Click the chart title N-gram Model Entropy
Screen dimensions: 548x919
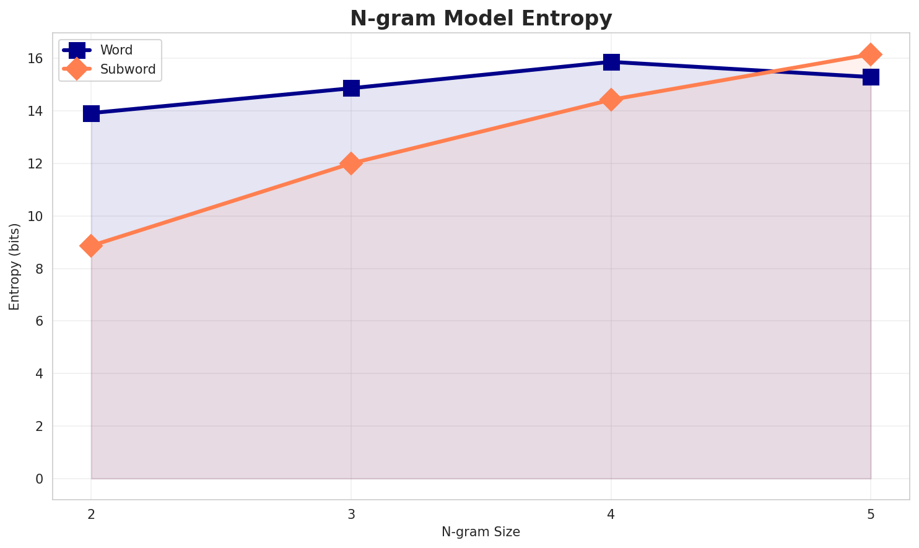(x=481, y=19)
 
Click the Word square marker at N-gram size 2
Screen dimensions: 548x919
(x=91, y=113)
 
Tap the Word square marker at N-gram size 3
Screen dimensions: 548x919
(x=351, y=88)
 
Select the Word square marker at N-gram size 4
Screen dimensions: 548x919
(x=611, y=62)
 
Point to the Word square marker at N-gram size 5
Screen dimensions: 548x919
(x=871, y=77)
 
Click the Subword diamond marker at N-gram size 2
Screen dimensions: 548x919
(x=91, y=246)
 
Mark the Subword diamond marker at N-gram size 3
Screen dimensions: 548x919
(x=351, y=163)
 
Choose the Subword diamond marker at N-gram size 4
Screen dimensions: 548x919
(x=611, y=100)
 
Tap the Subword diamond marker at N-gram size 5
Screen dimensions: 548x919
(x=871, y=54)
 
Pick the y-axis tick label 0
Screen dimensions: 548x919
(x=39, y=479)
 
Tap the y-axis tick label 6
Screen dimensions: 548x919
(x=39, y=321)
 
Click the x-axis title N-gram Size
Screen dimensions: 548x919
(x=481, y=532)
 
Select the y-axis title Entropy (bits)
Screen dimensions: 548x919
(x=14, y=266)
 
